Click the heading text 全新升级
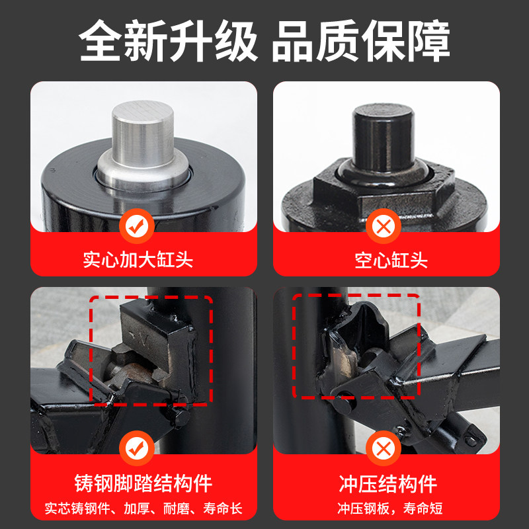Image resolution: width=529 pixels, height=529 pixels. [x=168, y=40]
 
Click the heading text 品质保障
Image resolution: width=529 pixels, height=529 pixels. [x=361, y=40]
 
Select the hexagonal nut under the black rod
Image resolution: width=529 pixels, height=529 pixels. [x=384, y=189]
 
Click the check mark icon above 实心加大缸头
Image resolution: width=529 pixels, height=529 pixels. [x=137, y=226]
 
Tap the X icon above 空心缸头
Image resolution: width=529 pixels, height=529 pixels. [x=384, y=226]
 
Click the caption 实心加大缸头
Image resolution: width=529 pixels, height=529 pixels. [x=138, y=260]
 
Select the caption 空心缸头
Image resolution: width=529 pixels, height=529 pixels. [x=391, y=261]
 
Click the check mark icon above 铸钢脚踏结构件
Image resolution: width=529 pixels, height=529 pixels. [x=137, y=448]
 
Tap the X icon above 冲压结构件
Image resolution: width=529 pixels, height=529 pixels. [x=384, y=448]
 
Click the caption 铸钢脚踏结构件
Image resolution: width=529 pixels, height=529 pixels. [x=143, y=483]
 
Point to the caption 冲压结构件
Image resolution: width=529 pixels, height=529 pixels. [x=388, y=484]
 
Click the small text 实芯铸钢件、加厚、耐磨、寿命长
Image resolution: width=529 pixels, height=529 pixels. [x=143, y=509]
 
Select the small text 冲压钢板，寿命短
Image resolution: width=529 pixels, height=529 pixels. [x=390, y=509]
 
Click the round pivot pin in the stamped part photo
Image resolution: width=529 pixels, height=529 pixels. [x=344, y=404]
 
